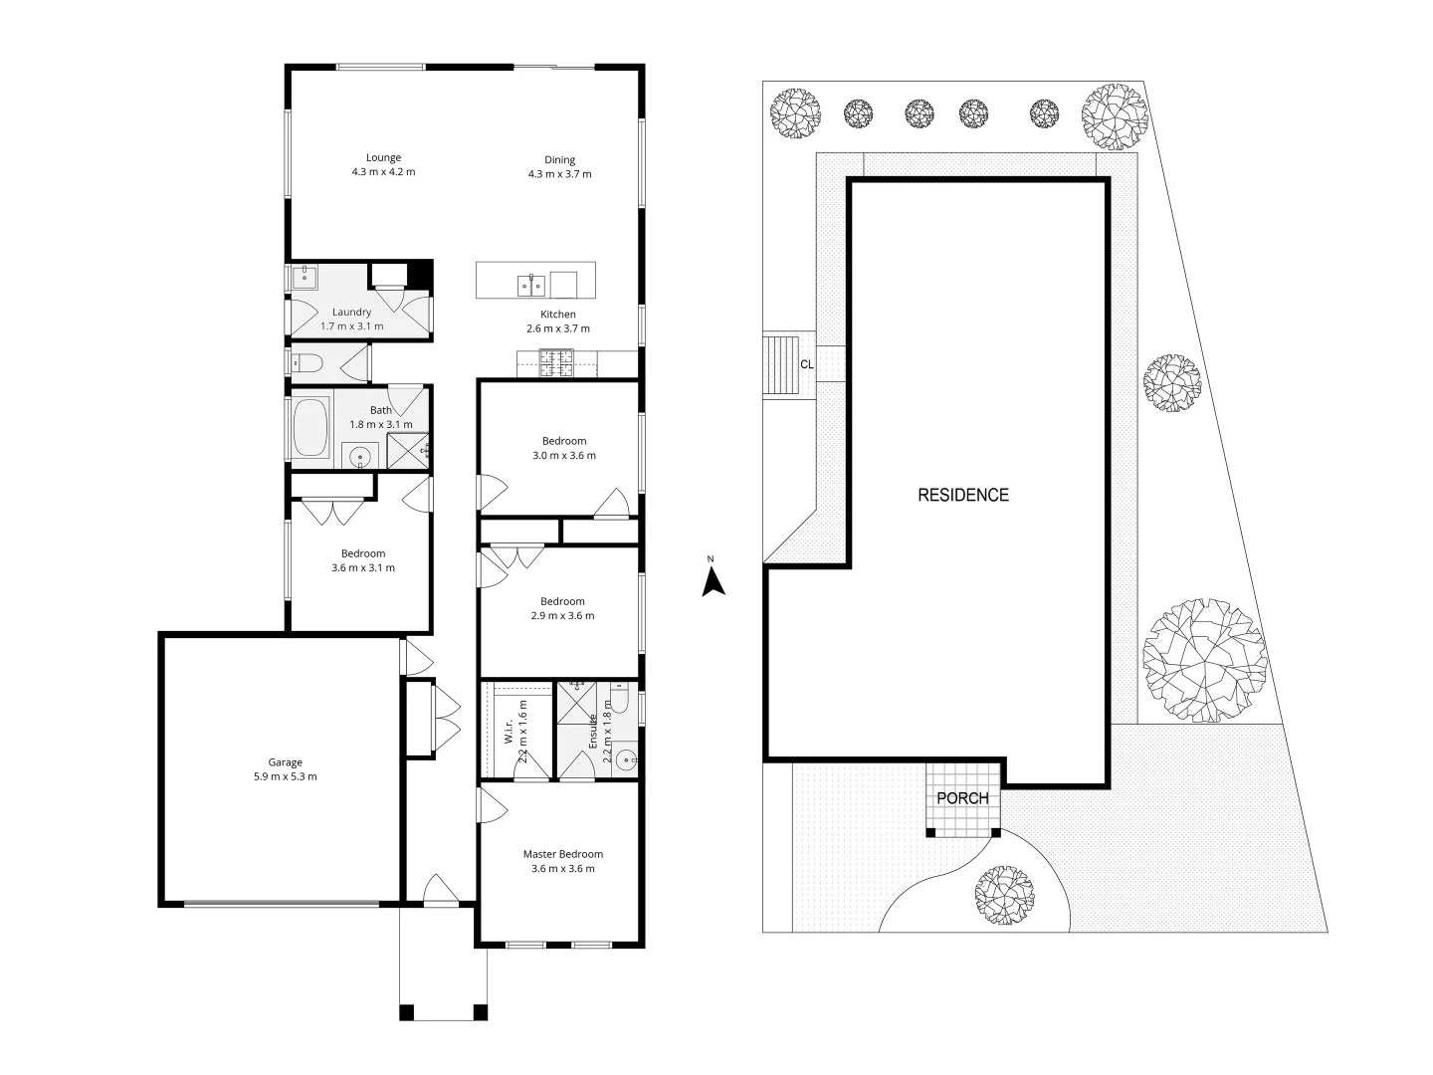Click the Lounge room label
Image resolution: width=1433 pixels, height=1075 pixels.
click(x=383, y=157)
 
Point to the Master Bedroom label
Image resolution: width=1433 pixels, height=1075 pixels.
click(x=563, y=854)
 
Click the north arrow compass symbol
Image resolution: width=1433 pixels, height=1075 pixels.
click(x=713, y=581)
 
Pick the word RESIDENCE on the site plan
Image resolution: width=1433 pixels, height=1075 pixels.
click(x=962, y=495)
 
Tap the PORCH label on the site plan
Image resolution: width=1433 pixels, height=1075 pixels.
click(x=962, y=798)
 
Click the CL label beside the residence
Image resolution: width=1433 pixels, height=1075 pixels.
click(x=807, y=364)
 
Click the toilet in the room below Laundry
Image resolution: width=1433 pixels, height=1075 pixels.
click(x=304, y=363)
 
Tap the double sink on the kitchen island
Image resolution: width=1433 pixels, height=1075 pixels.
click(x=530, y=286)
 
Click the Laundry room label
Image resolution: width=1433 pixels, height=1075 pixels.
click(x=351, y=313)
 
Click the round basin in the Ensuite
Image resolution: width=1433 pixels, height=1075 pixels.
click(x=626, y=760)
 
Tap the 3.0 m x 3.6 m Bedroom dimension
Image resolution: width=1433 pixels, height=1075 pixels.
click(x=563, y=456)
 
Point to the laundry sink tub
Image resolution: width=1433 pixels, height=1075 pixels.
click(x=305, y=278)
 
